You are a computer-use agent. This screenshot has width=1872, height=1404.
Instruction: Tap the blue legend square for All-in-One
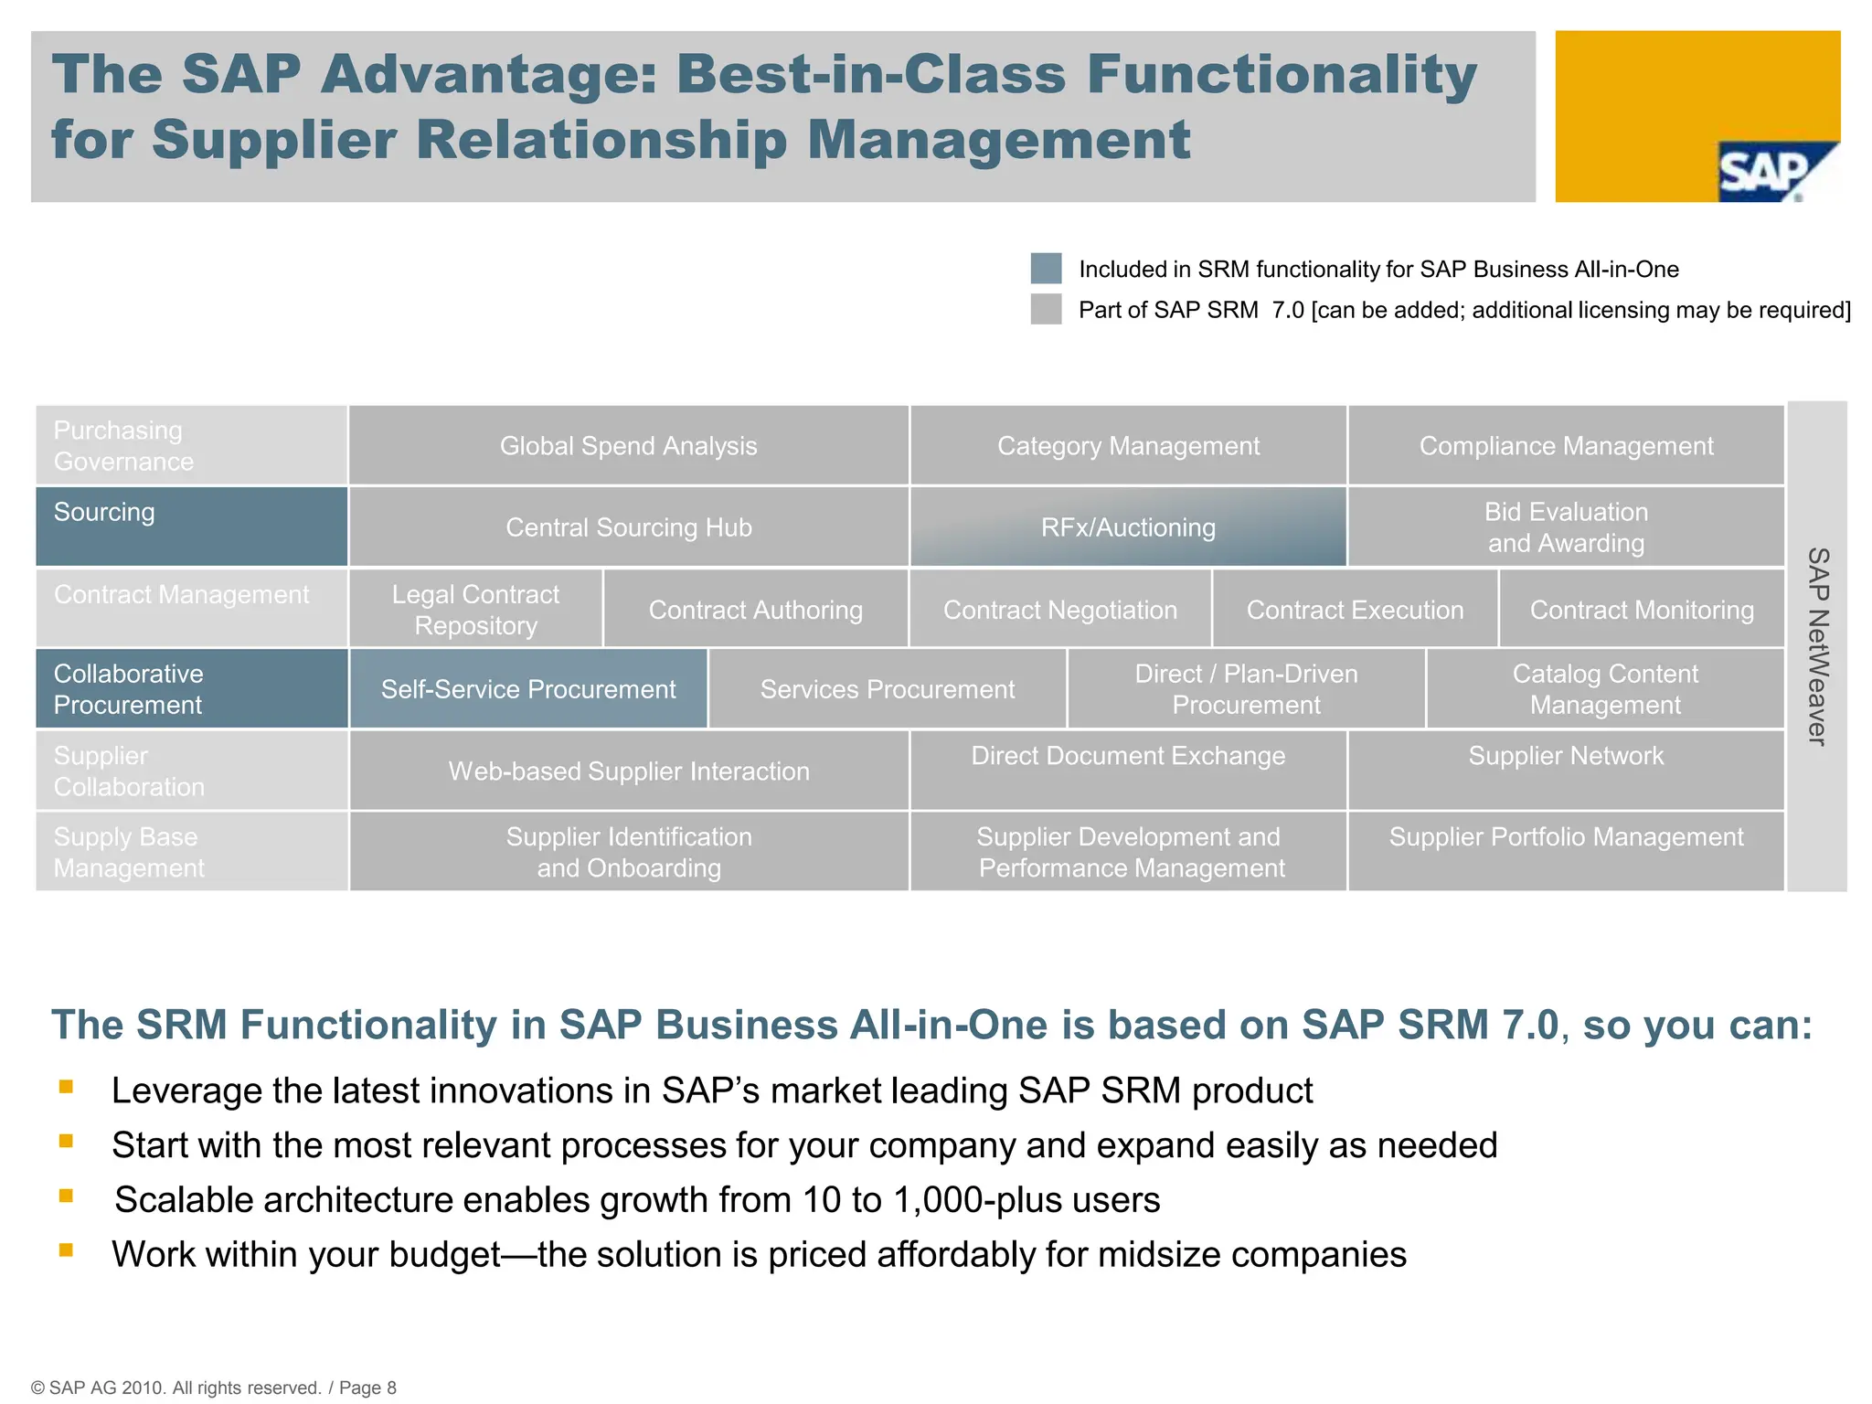point(1046,269)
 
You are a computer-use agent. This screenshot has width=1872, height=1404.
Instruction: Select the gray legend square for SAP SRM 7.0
point(1046,309)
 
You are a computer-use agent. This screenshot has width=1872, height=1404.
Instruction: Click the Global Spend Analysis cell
point(628,446)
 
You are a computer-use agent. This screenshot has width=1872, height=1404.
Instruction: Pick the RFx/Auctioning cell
point(1128,527)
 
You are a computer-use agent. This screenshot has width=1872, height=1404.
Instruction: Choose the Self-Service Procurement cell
point(528,689)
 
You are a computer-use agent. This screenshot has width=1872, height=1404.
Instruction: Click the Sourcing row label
point(191,526)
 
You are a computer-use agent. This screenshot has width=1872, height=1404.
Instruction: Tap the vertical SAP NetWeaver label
point(1818,646)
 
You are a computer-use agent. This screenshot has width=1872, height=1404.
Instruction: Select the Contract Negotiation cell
point(1059,610)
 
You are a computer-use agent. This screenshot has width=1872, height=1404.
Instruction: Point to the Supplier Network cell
point(1565,769)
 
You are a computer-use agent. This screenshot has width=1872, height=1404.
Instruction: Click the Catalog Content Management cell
point(1604,689)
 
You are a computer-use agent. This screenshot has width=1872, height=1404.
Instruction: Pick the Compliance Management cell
point(1565,446)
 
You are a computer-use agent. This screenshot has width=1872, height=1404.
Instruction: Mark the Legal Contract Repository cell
point(475,610)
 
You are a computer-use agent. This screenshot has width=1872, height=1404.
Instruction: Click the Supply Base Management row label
point(191,852)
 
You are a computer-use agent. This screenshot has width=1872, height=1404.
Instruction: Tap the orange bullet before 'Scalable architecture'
point(66,1196)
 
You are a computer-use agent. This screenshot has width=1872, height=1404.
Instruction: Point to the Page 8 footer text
point(367,1388)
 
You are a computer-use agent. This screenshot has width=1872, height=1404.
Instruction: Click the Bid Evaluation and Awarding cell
point(1565,527)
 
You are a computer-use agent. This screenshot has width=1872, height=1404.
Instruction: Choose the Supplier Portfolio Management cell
point(1565,850)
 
